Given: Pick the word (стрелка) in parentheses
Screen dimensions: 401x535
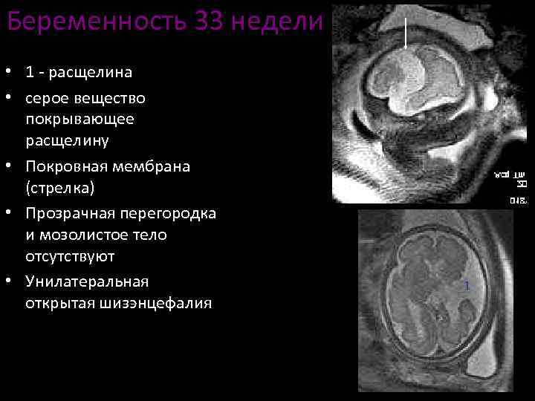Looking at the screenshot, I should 59,189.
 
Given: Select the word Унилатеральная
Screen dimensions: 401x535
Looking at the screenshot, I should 87,281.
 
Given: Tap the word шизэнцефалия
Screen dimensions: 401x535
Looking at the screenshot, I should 157,304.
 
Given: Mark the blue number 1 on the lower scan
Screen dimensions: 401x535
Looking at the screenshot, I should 467,286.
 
